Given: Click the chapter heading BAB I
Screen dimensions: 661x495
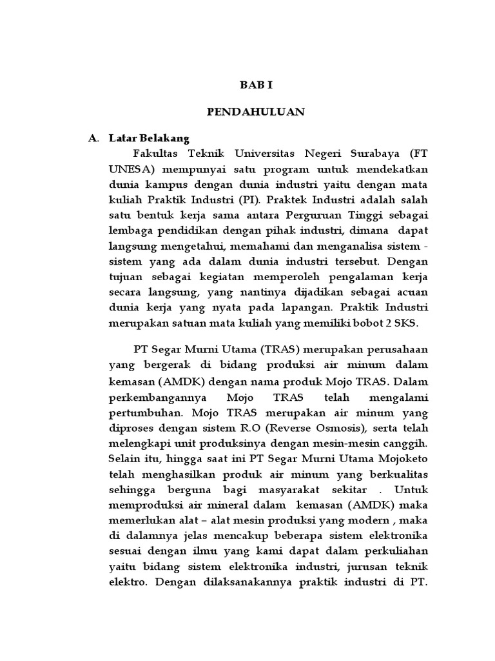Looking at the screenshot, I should click(x=256, y=85).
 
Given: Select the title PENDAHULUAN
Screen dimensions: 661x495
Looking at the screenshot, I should click(x=256, y=112).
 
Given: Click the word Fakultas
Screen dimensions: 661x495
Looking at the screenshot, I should click(x=158, y=154).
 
